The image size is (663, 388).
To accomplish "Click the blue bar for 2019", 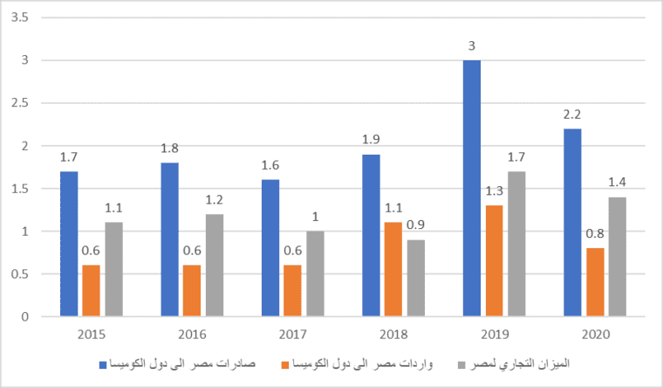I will click(x=473, y=188).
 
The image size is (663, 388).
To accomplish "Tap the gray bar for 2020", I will click(x=617, y=257).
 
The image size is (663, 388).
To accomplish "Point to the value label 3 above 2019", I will click(x=472, y=45).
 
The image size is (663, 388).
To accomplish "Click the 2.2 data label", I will click(x=573, y=114).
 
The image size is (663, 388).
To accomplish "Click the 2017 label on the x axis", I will click(x=293, y=335).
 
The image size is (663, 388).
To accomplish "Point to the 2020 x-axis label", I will click(x=595, y=335).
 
